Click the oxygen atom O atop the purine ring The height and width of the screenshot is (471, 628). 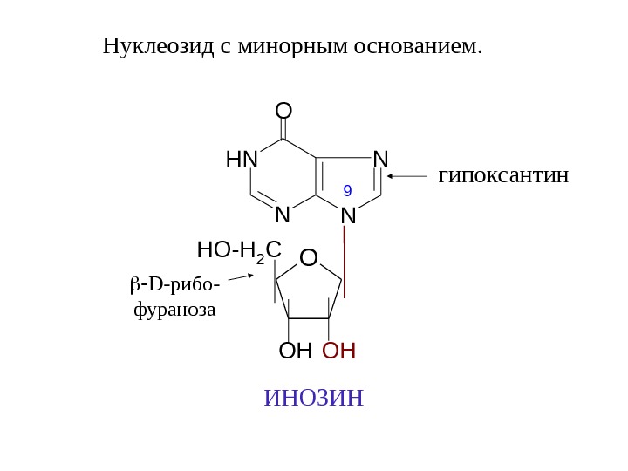[283, 112]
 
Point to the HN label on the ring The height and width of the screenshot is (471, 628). [242, 160]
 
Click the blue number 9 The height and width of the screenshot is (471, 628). [347, 189]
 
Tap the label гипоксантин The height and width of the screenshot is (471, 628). [503, 176]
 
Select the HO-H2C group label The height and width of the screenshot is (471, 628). [239, 251]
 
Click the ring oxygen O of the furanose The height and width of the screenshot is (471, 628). [309, 258]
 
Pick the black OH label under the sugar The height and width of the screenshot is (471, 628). [295, 352]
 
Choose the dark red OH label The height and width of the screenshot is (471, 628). [339, 352]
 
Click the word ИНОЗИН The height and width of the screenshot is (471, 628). [313, 399]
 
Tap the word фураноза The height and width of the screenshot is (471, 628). [174, 309]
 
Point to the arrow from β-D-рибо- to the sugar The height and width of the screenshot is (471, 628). [239, 278]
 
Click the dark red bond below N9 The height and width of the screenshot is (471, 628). [347, 261]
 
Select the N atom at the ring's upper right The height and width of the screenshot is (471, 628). [380, 159]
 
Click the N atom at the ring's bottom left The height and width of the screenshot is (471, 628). [282, 214]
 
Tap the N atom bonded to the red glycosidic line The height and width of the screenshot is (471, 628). [348, 215]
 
